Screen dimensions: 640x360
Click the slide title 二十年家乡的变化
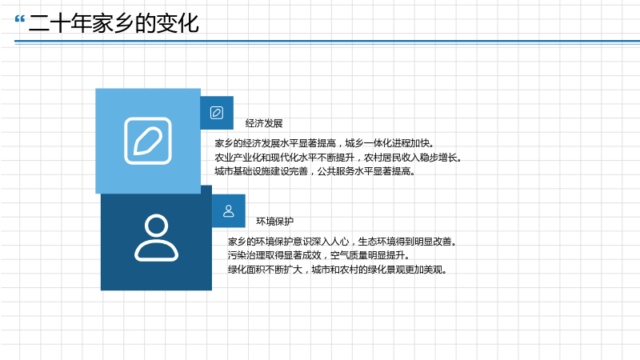coord(114,23)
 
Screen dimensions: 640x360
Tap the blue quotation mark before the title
coord(19,18)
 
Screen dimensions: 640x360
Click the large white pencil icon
coord(148,141)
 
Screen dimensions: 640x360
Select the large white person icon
coord(156,238)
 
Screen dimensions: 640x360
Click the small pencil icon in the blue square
coord(217,113)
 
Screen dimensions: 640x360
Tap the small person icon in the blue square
coord(229,211)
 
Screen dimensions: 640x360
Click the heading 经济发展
coord(264,123)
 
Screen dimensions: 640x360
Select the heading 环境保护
coord(274,222)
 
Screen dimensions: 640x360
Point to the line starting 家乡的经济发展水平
coord(325,143)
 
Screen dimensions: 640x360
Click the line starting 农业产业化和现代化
coord(338,157)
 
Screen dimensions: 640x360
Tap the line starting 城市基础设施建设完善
coord(314,171)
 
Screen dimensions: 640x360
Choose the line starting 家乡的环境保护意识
coord(342,242)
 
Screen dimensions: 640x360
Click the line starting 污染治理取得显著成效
coord(318,255)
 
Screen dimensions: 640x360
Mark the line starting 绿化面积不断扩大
coord(337,270)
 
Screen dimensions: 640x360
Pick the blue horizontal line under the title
coord(327,42)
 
